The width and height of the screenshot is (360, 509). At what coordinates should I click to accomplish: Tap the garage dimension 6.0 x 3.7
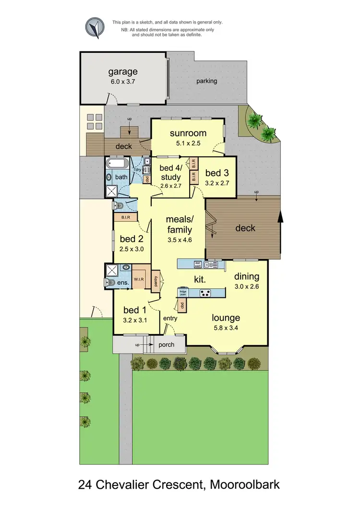tap(122, 82)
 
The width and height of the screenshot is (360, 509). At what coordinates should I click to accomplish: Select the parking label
tap(206, 81)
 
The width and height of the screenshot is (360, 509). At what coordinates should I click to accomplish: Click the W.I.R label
tap(139, 279)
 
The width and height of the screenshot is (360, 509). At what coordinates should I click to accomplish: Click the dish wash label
tap(197, 263)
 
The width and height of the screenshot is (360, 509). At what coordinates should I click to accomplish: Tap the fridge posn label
tap(183, 293)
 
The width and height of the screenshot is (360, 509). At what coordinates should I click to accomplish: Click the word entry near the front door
tap(170, 319)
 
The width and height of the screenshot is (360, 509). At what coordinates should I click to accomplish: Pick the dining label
tap(247, 277)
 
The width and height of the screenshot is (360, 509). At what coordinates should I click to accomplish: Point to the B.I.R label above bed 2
tap(126, 217)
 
